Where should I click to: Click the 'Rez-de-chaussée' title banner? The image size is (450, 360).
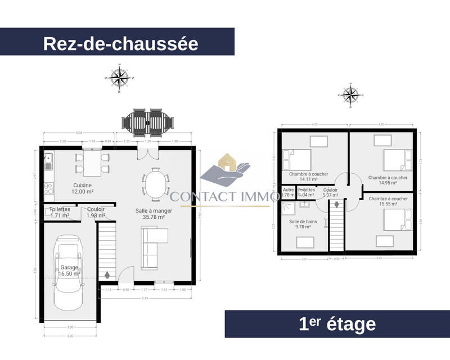point(120,43)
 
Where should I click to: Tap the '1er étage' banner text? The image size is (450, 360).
point(337,324)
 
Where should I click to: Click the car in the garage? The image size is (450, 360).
point(70,274)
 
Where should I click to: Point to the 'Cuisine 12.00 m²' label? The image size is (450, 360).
point(82,188)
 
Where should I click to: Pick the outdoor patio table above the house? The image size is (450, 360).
point(148,121)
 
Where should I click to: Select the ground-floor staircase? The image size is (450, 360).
point(107,250)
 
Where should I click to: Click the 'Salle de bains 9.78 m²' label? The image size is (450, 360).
point(303,225)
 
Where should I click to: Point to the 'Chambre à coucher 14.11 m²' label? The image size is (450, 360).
point(308,178)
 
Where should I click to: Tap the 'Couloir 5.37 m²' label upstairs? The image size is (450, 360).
point(330,193)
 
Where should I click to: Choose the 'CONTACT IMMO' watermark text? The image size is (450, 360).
point(225,196)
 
